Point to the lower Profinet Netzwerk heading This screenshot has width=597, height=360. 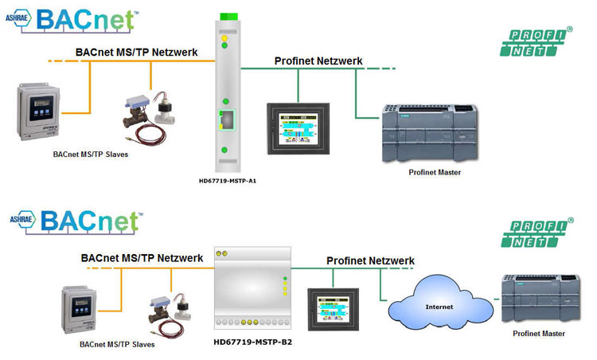370,260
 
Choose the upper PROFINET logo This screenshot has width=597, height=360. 535,41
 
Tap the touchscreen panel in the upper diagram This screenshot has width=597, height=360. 296,125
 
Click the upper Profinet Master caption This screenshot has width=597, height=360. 434,172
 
